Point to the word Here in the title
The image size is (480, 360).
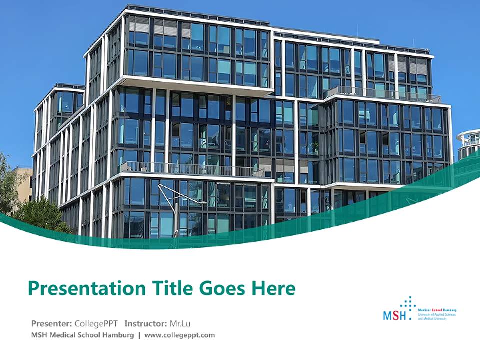coord(273,288)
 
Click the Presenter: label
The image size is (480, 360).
coord(52,323)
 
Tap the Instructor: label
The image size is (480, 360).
coord(145,323)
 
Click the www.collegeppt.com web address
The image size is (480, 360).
coord(180,335)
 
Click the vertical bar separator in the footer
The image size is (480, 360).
coord(139,335)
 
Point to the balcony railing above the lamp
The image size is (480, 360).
coord(192,170)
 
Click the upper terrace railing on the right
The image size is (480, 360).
coord(382,93)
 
